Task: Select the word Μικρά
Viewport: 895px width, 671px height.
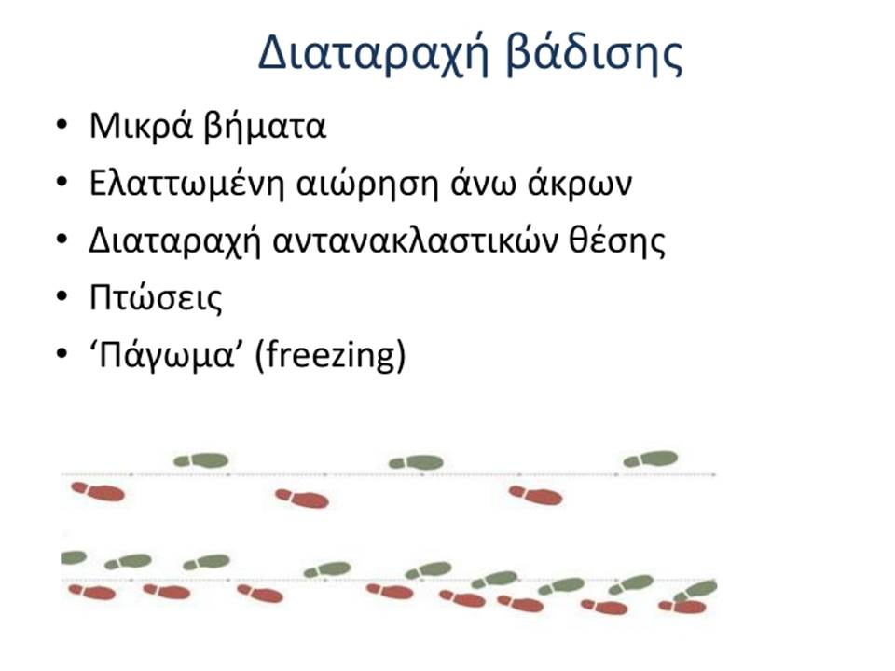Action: point(141,126)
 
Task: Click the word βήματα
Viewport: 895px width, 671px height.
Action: point(265,126)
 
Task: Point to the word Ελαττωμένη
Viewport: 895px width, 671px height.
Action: point(186,184)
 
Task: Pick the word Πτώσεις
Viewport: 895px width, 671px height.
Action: point(156,298)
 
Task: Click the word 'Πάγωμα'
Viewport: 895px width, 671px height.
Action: point(161,355)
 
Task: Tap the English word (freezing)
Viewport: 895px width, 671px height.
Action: point(330,355)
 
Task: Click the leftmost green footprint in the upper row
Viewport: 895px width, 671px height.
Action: point(201,460)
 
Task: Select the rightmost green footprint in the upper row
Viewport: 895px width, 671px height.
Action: point(651,459)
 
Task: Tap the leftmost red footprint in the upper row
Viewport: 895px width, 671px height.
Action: point(98,491)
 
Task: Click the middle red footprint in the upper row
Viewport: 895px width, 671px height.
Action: point(302,499)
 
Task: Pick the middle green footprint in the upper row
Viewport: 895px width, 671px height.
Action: point(416,462)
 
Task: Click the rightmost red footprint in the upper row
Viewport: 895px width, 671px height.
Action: point(536,495)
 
